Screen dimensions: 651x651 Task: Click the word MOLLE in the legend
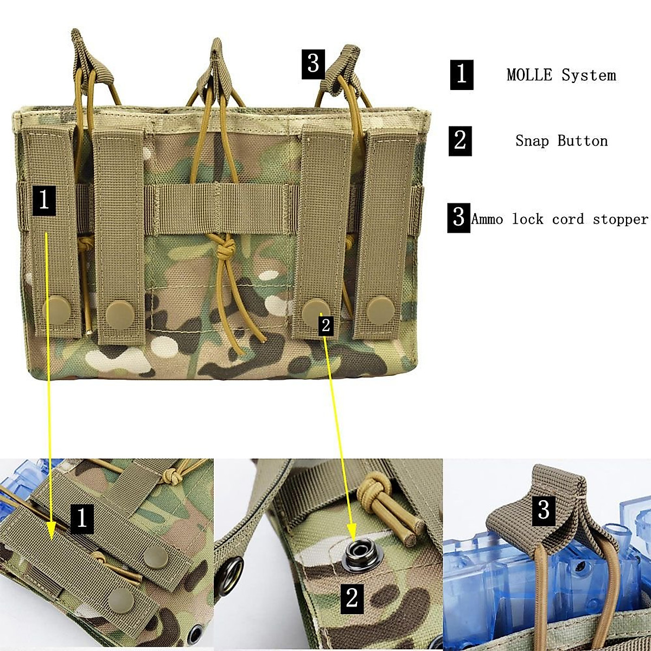click(x=530, y=75)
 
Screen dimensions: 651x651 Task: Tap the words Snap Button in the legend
click(x=561, y=141)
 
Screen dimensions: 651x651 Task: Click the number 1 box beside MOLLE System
click(x=462, y=74)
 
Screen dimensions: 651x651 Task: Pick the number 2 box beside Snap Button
click(x=460, y=141)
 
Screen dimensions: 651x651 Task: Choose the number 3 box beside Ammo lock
click(x=458, y=218)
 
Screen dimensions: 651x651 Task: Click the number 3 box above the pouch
click(x=313, y=64)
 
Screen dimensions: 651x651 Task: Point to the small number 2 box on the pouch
click(x=325, y=325)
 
